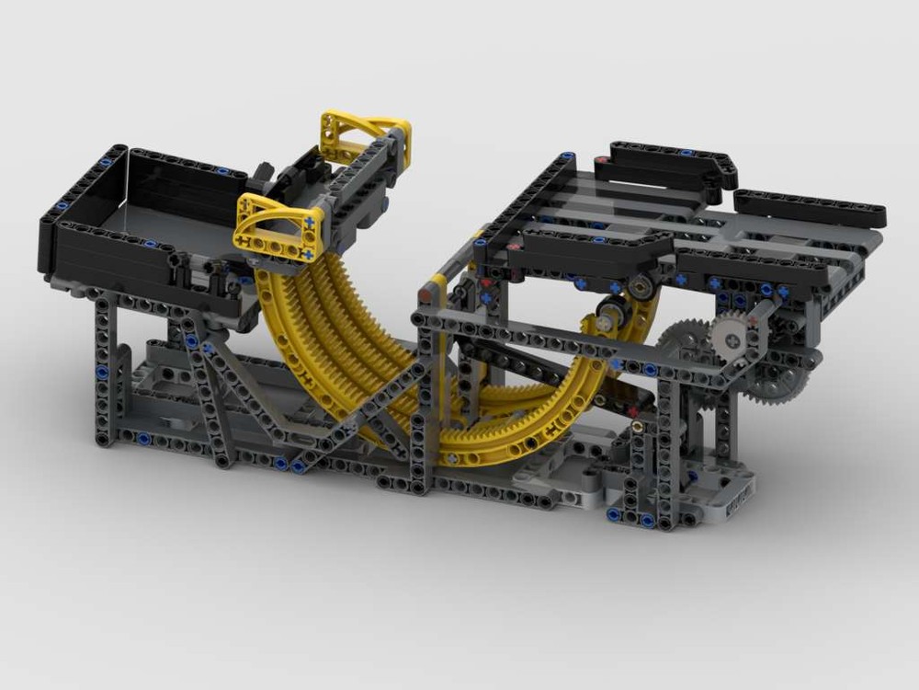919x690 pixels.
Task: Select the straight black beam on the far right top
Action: [x=809, y=206]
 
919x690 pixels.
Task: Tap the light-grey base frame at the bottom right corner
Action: [x=726, y=497]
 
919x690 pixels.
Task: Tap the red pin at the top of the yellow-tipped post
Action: [x=425, y=295]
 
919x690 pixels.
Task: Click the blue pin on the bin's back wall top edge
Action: [x=222, y=171]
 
